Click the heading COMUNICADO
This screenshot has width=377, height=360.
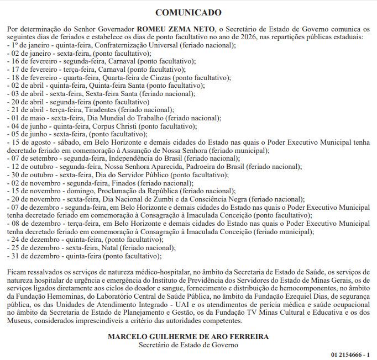click(188, 12)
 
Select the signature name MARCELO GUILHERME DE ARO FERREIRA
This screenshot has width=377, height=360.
click(188, 336)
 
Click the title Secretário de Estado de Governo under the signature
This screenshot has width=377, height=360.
click(188, 345)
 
